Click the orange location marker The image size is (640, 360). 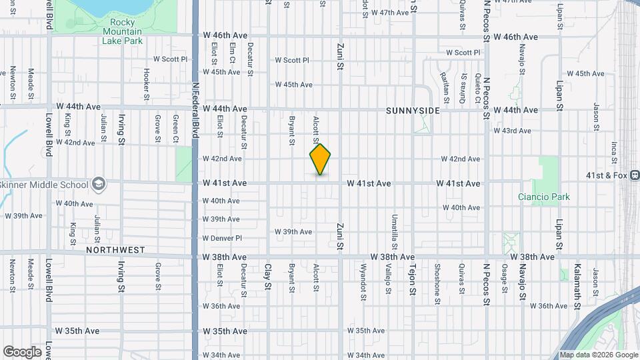320,159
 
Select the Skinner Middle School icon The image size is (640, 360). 99,184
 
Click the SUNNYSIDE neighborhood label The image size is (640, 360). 413,111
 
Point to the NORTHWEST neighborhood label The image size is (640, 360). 115,250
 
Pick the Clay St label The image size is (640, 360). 268,280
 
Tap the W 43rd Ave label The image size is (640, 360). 512,131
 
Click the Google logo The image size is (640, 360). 22,352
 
